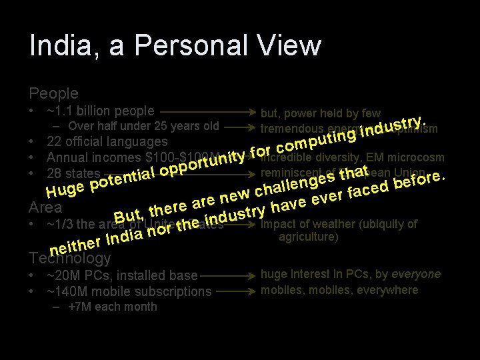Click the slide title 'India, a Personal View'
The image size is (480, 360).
(x=175, y=46)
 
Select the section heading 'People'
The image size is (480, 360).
(x=53, y=93)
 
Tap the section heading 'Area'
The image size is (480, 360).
(x=45, y=207)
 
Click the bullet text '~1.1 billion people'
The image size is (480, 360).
(x=101, y=111)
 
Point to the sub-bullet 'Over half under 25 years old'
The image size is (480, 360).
(x=143, y=126)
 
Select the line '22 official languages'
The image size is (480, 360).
(x=107, y=141)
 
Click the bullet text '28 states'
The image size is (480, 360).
(x=73, y=173)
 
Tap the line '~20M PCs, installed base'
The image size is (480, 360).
(x=123, y=275)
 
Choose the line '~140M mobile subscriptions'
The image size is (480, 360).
(x=129, y=291)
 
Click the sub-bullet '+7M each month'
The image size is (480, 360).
(x=113, y=307)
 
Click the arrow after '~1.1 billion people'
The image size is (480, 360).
(x=207, y=111)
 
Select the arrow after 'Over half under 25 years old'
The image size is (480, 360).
(x=239, y=127)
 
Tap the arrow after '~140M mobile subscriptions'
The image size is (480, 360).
(x=235, y=291)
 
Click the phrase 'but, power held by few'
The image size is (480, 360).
(x=321, y=113)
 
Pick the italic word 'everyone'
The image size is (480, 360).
(x=416, y=274)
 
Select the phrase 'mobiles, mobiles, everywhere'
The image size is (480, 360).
(x=339, y=290)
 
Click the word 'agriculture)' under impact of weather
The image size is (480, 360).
(x=309, y=237)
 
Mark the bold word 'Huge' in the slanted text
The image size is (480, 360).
(x=65, y=191)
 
